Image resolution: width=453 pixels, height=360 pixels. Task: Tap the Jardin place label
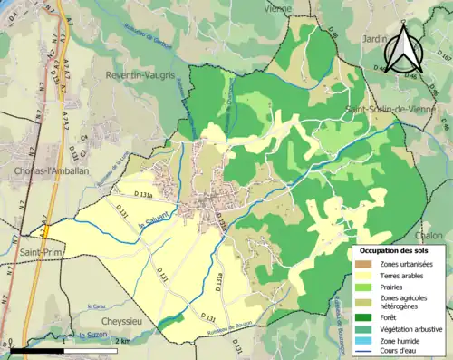tap(375, 40)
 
